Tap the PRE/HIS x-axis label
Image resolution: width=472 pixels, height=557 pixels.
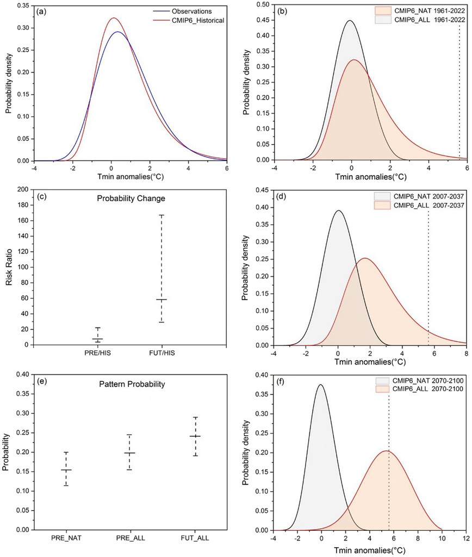point(97,354)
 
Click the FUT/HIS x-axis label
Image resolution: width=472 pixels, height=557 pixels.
point(161,354)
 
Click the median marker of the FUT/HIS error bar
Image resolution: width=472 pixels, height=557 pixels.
point(161,300)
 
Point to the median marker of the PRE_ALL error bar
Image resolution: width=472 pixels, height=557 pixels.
point(129,453)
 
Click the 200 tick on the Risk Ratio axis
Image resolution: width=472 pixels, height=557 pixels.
point(24,189)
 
